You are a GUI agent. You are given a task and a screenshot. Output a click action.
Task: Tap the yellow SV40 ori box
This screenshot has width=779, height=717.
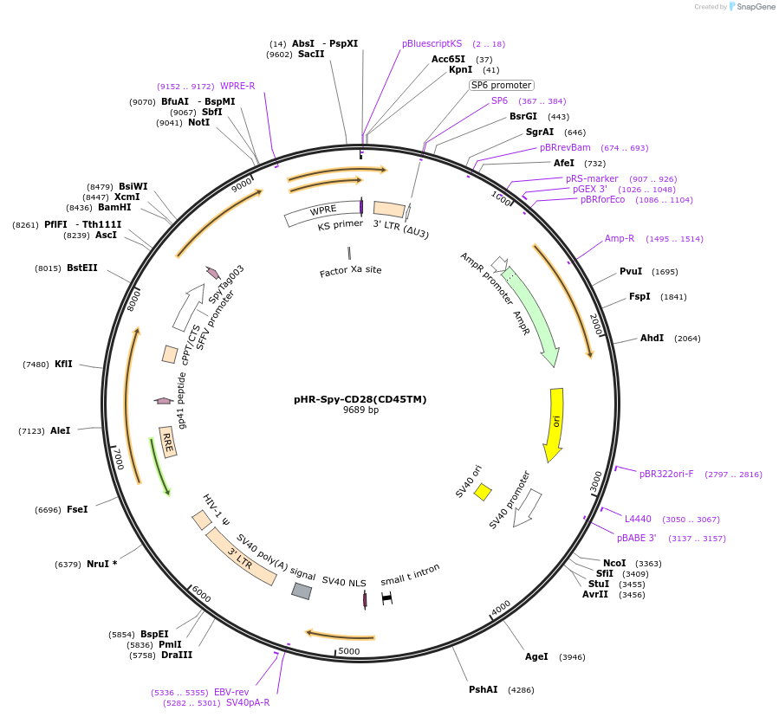(483, 492)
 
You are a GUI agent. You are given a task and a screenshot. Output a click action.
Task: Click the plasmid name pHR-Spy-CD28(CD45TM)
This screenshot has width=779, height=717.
(360, 399)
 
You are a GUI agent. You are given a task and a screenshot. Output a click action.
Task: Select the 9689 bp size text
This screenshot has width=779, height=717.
(360, 410)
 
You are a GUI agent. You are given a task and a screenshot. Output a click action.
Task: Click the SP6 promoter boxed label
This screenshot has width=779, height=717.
(501, 85)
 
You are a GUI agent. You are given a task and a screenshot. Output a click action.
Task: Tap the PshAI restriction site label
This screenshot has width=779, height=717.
(484, 690)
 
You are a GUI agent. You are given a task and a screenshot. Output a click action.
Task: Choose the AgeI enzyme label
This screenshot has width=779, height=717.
(536, 656)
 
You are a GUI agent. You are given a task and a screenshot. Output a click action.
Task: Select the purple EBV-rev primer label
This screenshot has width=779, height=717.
(231, 692)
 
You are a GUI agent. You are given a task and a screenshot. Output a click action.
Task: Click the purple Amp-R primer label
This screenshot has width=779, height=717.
(620, 238)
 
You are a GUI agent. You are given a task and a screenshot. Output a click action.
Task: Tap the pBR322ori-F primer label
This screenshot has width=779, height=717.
(666, 474)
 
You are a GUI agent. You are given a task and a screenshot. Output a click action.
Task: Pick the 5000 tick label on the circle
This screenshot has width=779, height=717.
(349, 651)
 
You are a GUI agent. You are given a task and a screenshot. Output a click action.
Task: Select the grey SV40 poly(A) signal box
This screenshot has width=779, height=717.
(302, 591)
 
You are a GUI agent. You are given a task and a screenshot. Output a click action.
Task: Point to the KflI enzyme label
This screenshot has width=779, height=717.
(63, 365)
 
